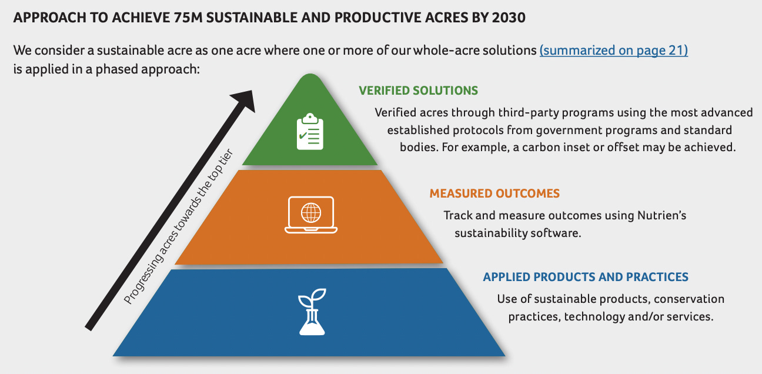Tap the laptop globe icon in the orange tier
tap(310, 214)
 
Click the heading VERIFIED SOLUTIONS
tap(418, 91)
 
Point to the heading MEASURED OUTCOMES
tap(494, 193)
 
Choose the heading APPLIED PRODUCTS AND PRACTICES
tap(586, 277)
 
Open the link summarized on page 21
tap(613, 51)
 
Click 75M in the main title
tap(190, 18)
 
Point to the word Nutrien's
tap(661, 216)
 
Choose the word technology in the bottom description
tap(592, 317)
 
